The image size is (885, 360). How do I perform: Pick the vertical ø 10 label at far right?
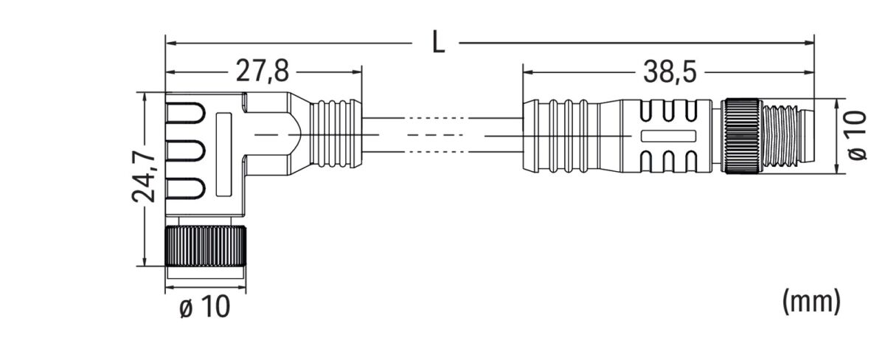[x=857, y=135]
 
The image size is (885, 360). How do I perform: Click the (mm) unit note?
[x=811, y=300]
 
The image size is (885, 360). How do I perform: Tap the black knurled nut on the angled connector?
[x=205, y=248]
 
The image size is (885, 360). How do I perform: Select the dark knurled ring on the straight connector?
[x=741, y=136]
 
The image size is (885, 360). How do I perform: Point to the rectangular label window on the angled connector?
[x=223, y=154]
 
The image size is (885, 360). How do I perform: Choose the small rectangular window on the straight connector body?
[x=669, y=136]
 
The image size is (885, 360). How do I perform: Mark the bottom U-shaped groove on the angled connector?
[x=185, y=190]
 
